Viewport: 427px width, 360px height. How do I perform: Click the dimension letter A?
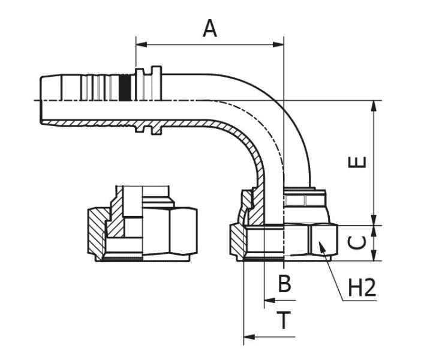209,28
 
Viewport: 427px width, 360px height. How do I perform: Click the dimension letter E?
358,162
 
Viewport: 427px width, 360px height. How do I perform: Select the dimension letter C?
357,242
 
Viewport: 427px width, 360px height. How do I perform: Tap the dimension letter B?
284,284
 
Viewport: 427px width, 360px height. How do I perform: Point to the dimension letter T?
284,321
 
